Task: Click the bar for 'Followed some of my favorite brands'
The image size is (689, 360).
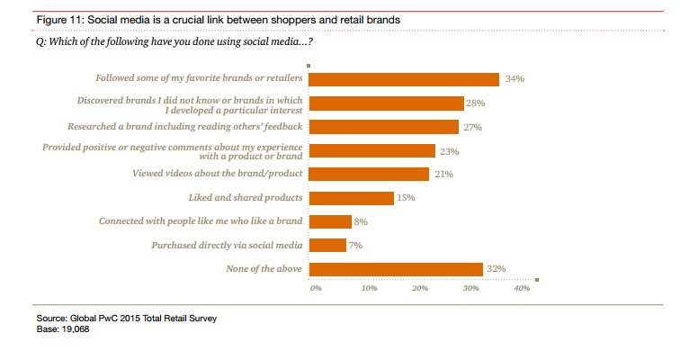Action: tap(404, 79)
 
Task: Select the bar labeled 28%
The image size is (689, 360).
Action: tap(387, 103)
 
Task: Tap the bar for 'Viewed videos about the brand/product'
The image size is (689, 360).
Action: tap(369, 175)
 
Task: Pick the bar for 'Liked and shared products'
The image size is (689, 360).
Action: tap(352, 198)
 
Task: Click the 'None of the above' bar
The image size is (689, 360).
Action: tap(397, 268)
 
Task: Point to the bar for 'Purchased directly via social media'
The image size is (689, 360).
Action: tap(327, 245)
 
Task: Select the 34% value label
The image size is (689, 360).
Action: tap(515, 79)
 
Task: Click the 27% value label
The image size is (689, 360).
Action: tap(473, 127)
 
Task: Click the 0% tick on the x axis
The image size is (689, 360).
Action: tap(315, 289)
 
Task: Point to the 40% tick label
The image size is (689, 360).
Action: tap(522, 289)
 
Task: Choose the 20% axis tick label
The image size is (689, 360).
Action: tap(419, 289)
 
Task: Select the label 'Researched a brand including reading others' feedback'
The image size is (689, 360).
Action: tap(186, 127)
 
